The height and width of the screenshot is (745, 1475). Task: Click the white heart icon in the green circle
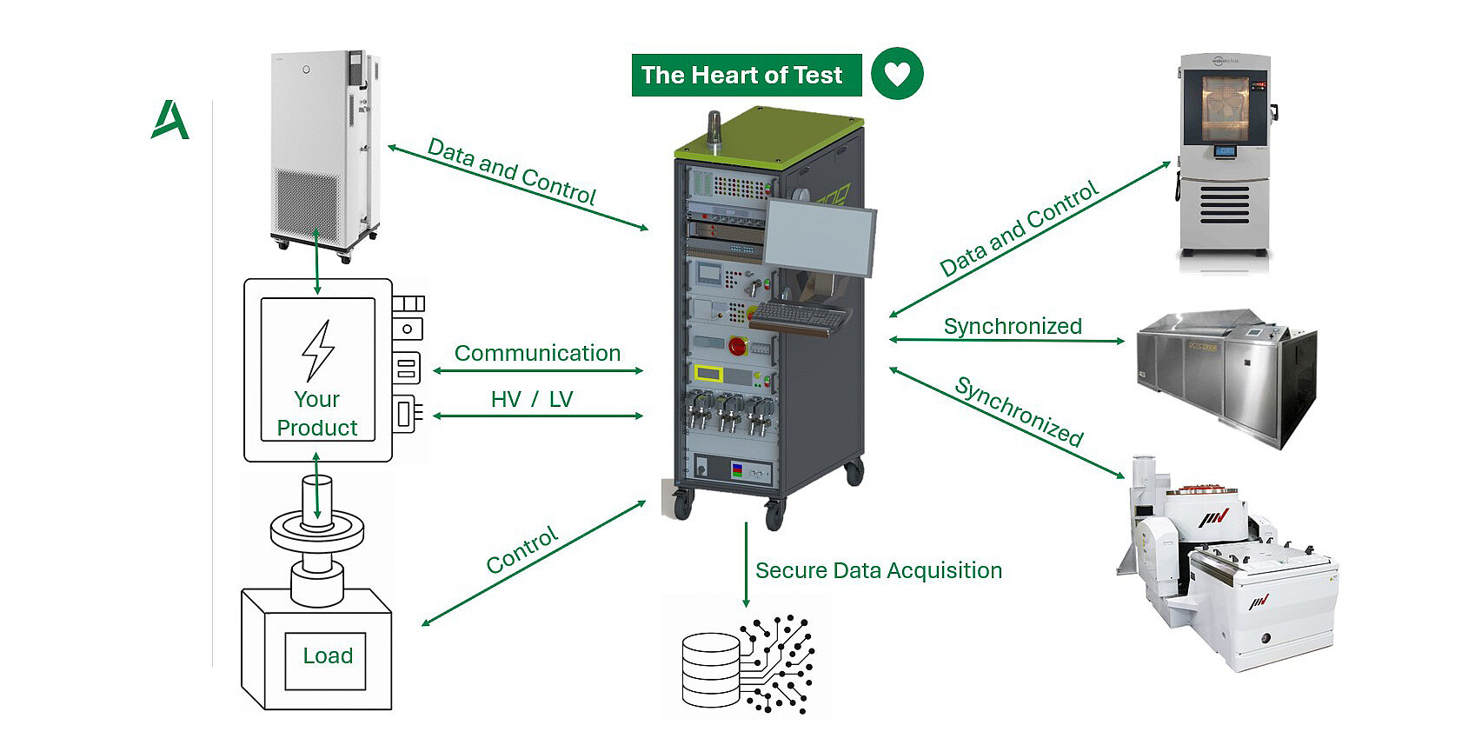[x=897, y=74]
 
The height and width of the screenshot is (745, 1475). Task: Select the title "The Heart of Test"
[x=741, y=76]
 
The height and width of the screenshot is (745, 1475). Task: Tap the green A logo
[x=169, y=120]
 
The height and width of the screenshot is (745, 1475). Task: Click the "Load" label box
[x=327, y=656]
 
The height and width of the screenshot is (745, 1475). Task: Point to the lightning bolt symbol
[x=317, y=350]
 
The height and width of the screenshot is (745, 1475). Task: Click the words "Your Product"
[x=317, y=414]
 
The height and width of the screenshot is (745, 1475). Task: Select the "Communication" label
[x=537, y=353]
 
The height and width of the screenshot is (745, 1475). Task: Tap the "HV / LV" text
[x=532, y=399]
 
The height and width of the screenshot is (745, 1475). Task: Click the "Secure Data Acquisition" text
[x=878, y=570]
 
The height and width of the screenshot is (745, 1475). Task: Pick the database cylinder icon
[x=710, y=670]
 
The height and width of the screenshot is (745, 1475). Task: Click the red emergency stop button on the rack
[x=737, y=346]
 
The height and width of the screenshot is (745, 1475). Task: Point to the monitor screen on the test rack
[x=819, y=236]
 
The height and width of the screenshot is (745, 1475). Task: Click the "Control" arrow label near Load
[x=522, y=550]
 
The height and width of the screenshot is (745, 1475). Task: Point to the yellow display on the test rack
[x=709, y=375]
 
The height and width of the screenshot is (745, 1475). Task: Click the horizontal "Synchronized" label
[x=1013, y=326]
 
